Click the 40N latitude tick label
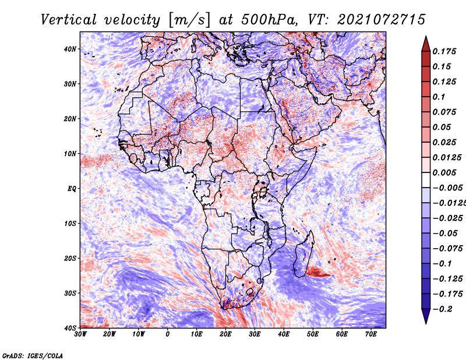point(70,49)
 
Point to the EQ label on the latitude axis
point(72,189)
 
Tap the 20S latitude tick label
point(70,258)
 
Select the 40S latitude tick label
point(70,328)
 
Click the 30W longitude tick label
point(80,334)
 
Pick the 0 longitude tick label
point(168,334)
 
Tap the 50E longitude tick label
point(313,334)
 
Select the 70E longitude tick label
point(370,334)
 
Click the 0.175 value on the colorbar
point(444,51)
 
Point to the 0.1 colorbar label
point(439,97)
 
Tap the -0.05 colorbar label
point(445,234)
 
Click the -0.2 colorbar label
point(442,309)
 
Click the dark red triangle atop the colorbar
point(426,45)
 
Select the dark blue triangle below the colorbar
point(426,316)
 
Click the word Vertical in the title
point(69,20)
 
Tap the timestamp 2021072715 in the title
point(382,20)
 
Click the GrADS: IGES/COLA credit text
point(33,356)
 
